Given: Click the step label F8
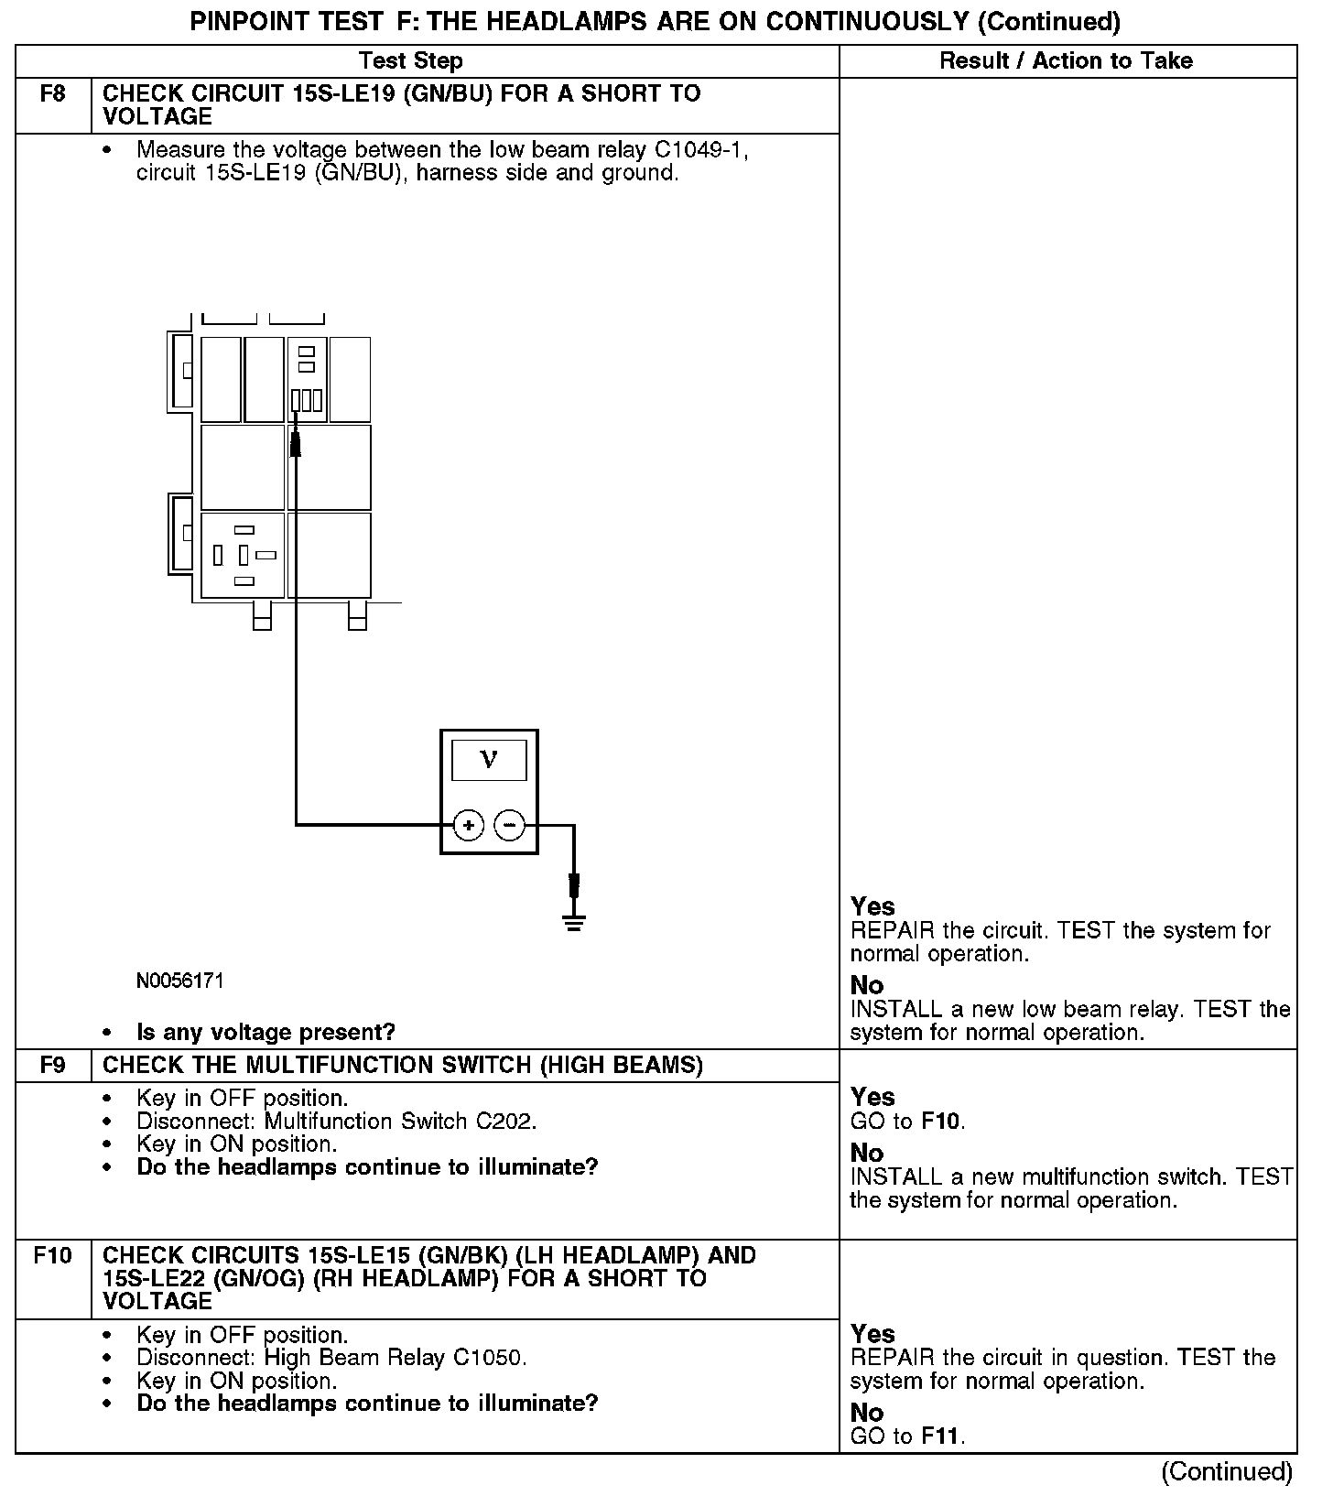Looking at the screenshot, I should coord(53,93).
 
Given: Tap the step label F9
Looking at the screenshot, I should coord(53,1065).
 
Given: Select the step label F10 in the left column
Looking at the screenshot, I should coord(53,1254).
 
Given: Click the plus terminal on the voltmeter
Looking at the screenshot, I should coord(469,826).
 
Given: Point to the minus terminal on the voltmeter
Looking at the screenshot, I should coord(510,826).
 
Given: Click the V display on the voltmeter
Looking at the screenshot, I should coord(489,760).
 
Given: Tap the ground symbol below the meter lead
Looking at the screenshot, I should coord(574,920).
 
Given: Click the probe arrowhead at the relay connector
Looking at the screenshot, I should coord(296,444).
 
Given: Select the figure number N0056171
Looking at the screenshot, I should coord(180,981).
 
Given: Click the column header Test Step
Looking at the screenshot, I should coord(411,61).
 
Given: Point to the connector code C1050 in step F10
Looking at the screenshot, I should coord(490,1357).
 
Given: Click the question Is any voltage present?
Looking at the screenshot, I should coord(266,1032).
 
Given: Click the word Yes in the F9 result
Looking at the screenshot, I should coord(872,1097).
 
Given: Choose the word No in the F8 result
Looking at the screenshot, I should coord(867,985).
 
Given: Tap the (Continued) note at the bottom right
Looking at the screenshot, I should coord(1227,1471).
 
